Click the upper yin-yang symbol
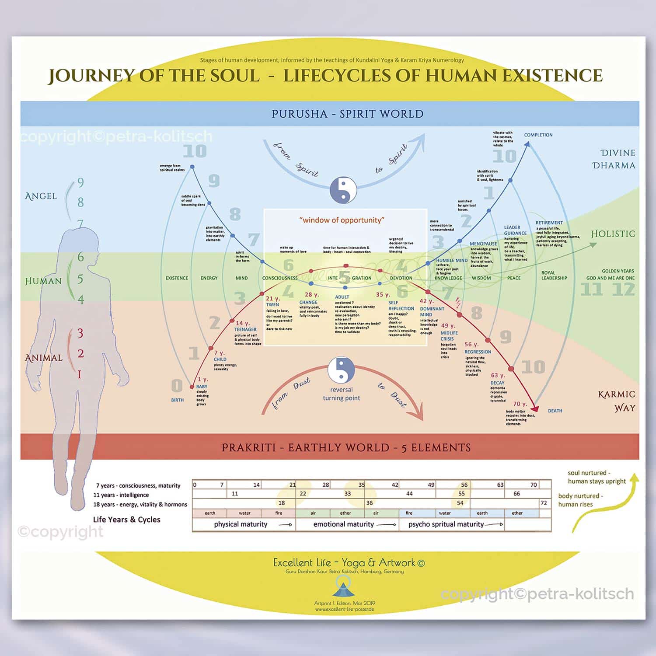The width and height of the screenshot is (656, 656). [x=343, y=190]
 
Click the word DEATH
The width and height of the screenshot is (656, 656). [x=555, y=411]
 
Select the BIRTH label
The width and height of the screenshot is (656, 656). [x=177, y=400]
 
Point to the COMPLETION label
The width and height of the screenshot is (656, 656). [x=538, y=135]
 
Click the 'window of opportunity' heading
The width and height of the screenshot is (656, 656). [x=342, y=220]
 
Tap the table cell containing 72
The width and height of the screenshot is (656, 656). [x=544, y=503]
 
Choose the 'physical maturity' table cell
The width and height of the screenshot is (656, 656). [x=244, y=524]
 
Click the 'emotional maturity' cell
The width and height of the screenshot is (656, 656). [x=347, y=524]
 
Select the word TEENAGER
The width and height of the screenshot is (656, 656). [x=245, y=329]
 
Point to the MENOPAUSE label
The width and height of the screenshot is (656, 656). [x=483, y=244]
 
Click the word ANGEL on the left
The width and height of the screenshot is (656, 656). [x=41, y=196]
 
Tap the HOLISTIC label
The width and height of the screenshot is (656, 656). [x=613, y=234]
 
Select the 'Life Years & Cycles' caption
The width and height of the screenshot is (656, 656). [x=126, y=520]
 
